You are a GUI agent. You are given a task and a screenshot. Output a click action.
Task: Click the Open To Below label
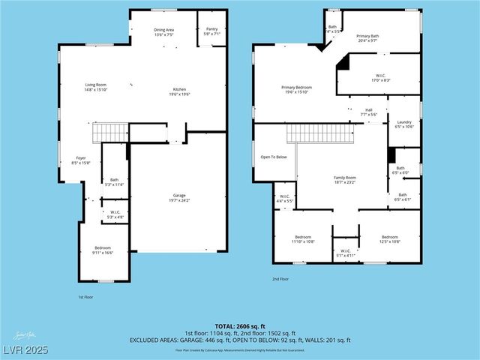(x=274, y=157)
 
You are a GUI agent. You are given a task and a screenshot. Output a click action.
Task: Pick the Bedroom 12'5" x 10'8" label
(x=389, y=239)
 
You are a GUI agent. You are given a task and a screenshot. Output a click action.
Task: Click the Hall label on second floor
(x=368, y=112)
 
